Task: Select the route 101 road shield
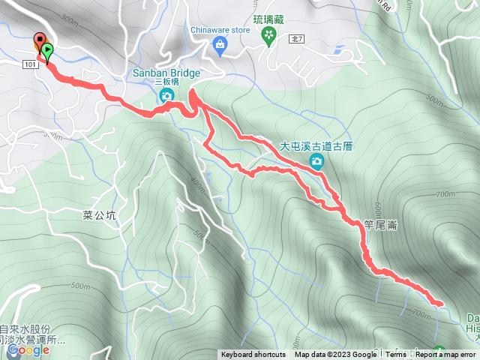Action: click(x=31, y=66)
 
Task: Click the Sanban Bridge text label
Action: click(x=166, y=73)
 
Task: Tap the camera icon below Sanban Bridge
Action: click(x=166, y=95)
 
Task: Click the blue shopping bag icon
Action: click(x=220, y=46)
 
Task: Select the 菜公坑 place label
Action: click(x=100, y=214)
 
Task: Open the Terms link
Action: click(x=396, y=355)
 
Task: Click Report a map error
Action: click(x=445, y=355)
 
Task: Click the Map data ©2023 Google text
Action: click(x=335, y=355)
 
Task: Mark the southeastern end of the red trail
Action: click(x=437, y=303)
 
